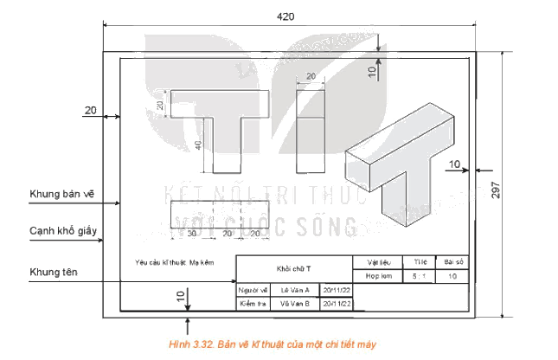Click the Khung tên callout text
pos(55,272)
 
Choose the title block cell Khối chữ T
pos(294,268)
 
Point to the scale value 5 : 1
pos(421,277)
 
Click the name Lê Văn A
pos(295,290)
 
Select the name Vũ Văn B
pos(295,304)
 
